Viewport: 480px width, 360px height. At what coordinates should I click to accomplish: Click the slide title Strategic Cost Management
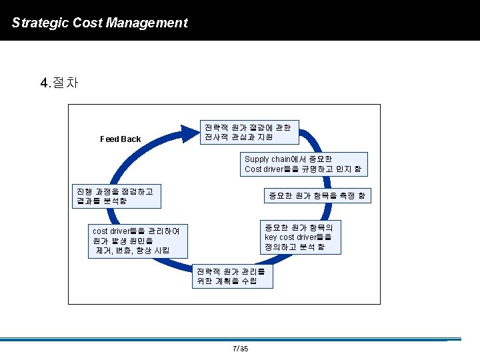coord(100,23)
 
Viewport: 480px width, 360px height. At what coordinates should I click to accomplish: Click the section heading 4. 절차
coord(59,83)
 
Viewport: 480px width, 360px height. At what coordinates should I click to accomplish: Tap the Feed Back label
coord(120,139)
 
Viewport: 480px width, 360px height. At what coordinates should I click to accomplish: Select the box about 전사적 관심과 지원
coord(250,132)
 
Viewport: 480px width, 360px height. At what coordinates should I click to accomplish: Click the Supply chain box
coord(303,165)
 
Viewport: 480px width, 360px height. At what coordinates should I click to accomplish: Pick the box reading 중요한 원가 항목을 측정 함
coord(316,195)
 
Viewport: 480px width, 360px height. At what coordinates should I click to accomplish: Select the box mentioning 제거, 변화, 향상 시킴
coord(139,241)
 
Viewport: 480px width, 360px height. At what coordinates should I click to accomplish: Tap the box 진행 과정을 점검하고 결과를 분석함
coord(115,195)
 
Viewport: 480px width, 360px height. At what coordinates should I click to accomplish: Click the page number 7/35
coord(240,349)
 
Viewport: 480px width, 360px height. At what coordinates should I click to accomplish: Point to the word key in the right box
coord(271,237)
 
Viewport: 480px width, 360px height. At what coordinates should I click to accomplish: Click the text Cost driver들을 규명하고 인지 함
coord(303,169)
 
